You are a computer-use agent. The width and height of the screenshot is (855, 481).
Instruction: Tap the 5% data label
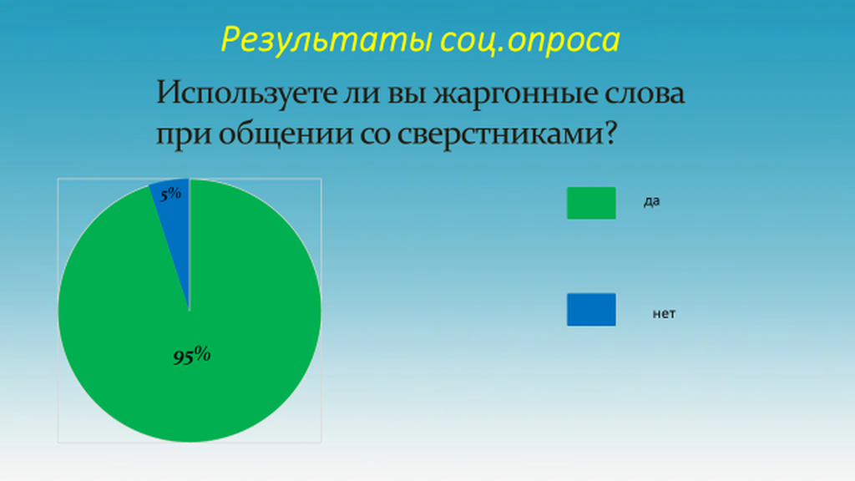[x=170, y=193]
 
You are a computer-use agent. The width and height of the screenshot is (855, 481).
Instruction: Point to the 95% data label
[x=192, y=356]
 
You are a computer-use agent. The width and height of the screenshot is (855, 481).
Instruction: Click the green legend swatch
[x=591, y=203]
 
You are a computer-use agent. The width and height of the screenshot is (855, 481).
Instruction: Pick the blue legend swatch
[x=591, y=310]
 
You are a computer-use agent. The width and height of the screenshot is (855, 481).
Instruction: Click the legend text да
[x=651, y=201]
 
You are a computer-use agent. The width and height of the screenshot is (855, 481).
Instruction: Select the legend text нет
[x=664, y=314]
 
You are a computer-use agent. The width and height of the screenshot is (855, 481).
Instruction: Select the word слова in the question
[x=645, y=94]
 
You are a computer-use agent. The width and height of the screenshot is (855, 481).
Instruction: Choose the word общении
[x=286, y=134]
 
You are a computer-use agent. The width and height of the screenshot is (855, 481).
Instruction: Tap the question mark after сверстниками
[x=610, y=133]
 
